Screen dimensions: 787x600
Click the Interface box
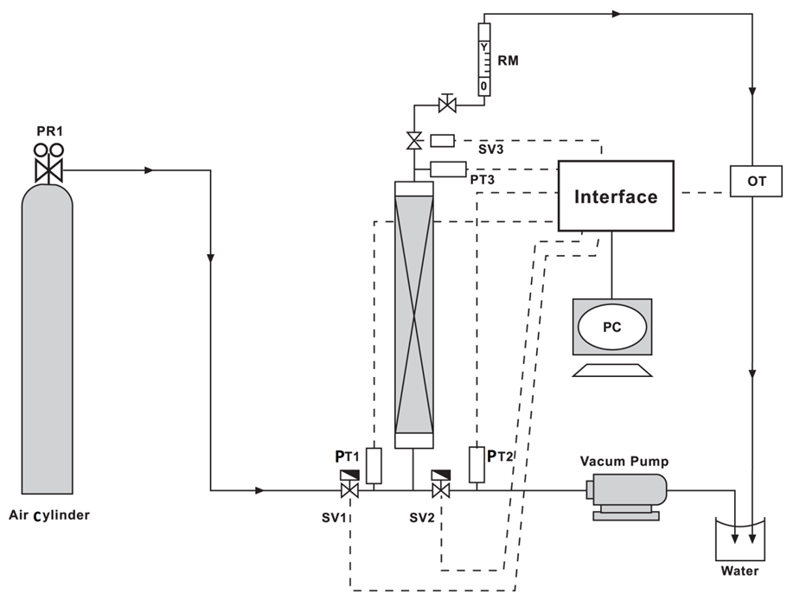(616, 196)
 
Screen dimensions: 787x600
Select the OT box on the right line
(756, 181)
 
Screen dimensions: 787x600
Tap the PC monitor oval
(612, 327)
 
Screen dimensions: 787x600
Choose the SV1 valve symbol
(349, 485)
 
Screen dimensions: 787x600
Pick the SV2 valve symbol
(441, 485)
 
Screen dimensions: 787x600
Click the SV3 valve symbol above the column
(414, 141)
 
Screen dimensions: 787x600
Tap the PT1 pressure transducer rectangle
(374, 466)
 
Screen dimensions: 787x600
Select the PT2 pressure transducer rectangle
(477, 464)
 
